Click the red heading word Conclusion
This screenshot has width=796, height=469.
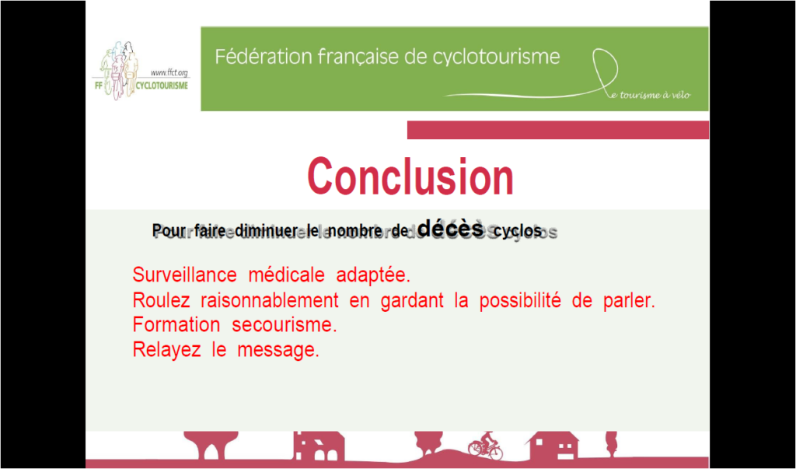point(410,177)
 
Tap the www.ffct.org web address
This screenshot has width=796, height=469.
point(169,72)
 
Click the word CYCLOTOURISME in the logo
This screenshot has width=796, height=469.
point(162,86)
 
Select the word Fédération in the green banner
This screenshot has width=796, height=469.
point(264,57)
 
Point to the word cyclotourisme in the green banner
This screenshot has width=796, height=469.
point(496,58)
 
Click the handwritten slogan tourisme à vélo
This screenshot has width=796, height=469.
point(655,95)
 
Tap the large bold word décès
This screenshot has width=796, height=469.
point(450,228)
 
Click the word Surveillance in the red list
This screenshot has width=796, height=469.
point(184,275)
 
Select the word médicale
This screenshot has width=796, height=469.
point(286,275)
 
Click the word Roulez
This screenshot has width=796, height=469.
point(161,300)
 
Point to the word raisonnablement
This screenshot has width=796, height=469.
point(270,300)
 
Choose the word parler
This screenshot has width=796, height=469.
point(629,301)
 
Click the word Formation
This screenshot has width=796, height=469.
point(176,324)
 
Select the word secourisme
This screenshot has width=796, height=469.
point(285,324)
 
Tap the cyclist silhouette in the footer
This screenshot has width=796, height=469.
point(485,446)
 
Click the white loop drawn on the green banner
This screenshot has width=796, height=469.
point(606,70)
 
